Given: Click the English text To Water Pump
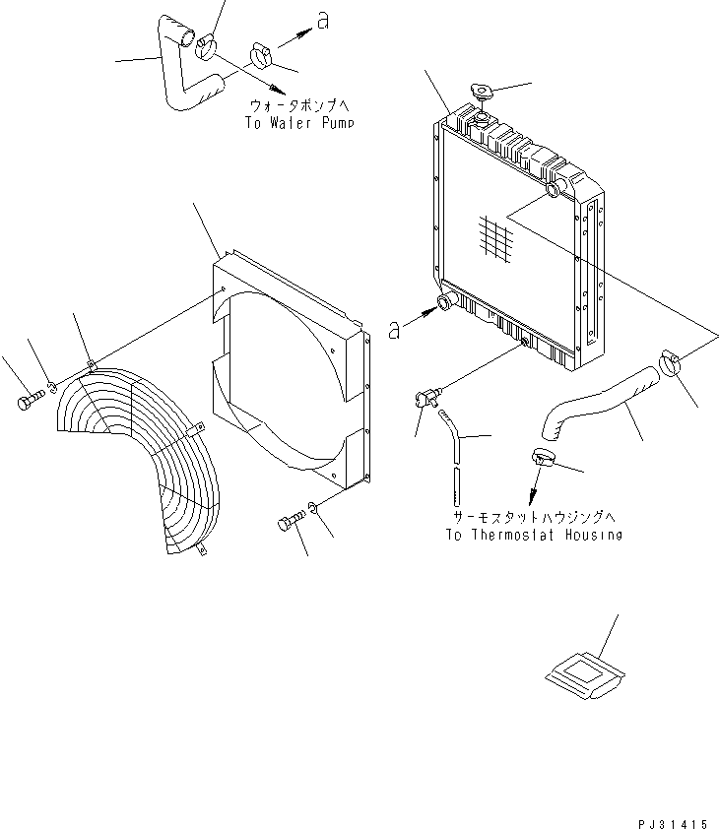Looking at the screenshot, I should (298, 124).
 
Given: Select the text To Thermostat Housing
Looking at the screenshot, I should (533, 535).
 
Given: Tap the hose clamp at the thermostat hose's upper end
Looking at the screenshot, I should (672, 364).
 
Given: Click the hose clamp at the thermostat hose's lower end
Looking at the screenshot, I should (545, 456).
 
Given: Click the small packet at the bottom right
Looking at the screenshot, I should (584, 676).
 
